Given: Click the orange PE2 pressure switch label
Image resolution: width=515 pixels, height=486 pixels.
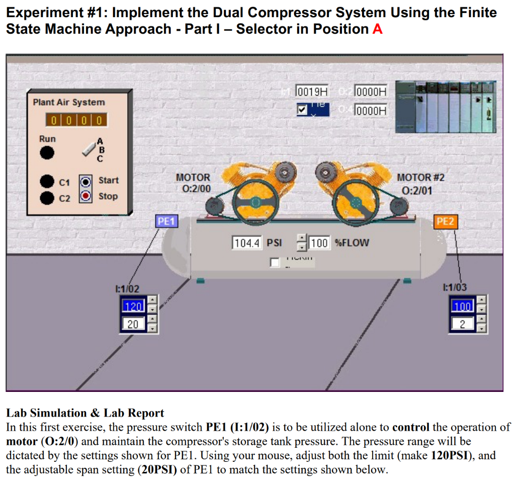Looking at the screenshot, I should click(x=445, y=221).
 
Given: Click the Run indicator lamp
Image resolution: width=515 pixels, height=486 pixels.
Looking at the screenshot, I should click(x=47, y=152).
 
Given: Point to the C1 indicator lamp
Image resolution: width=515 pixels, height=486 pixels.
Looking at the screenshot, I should click(x=47, y=181).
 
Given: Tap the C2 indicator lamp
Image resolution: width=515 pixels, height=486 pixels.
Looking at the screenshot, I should click(x=47, y=197).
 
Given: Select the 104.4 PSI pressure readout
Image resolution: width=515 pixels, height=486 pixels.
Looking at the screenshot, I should click(x=247, y=243).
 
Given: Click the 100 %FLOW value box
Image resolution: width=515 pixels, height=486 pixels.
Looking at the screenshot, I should click(x=319, y=243).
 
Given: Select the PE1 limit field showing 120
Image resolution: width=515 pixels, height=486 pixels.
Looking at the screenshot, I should click(x=133, y=306).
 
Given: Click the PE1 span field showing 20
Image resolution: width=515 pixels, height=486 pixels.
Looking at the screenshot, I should click(x=133, y=324).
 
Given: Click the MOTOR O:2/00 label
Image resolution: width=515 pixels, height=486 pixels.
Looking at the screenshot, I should click(x=193, y=183).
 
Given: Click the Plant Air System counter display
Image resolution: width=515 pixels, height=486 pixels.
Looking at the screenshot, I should click(x=76, y=120).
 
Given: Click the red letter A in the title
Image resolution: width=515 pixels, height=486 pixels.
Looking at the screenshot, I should click(x=378, y=29).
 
